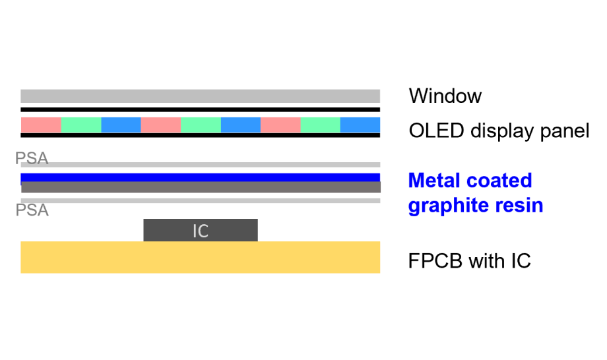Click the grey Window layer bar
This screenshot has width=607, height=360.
tap(200, 96)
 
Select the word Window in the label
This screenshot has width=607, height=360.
tap(445, 96)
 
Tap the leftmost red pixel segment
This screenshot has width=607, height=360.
tap(41, 125)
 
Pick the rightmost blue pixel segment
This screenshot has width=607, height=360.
tap(360, 125)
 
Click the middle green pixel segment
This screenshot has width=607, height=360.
tap(201, 125)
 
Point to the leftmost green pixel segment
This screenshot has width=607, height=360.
tap(81, 125)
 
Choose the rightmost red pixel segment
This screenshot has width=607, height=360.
tap(280, 125)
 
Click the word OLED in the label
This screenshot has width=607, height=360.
tap(436, 131)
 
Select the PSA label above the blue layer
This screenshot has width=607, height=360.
tap(32, 158)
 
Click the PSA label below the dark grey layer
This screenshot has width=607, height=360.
tap(32, 210)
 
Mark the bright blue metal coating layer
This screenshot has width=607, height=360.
tap(200, 177)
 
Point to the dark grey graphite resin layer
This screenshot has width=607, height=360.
tap(201, 187)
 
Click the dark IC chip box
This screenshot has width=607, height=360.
tap(201, 230)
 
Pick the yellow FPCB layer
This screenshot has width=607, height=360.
tap(200, 257)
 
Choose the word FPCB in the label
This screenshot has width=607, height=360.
tap(435, 261)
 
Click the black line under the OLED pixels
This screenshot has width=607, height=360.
tap(200, 135)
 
